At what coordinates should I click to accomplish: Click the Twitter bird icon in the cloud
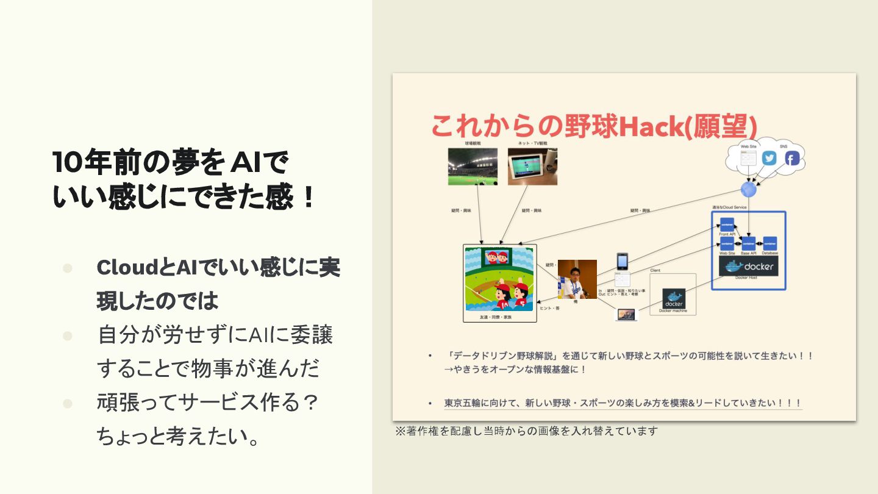769,159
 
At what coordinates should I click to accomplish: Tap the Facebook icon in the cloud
791,159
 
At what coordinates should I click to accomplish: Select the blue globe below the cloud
748,189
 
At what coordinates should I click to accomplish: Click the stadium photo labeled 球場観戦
473,166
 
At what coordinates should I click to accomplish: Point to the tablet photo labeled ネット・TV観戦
532,166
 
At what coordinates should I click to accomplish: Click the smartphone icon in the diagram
622,262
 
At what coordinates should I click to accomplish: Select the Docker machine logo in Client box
674,298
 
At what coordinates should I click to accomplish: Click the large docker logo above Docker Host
748,267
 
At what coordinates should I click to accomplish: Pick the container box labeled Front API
727,224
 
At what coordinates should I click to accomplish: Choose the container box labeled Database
769,243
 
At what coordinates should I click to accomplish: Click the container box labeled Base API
749,243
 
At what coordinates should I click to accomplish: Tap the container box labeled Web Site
727,243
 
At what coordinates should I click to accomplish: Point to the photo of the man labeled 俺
577,279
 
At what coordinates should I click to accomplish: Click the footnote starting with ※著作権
527,431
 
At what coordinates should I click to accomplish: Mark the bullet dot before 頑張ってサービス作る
67,403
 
